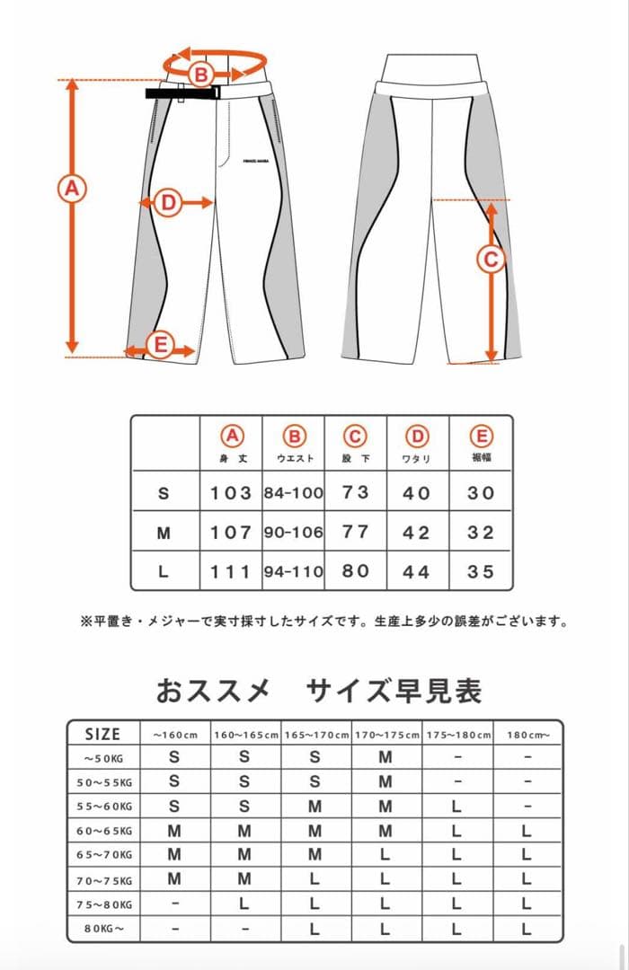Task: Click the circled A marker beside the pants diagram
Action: coord(71,189)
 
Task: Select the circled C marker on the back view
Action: coord(491,260)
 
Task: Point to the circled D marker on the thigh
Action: coord(168,203)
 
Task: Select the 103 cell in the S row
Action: coord(231,493)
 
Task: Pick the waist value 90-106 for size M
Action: coord(294,532)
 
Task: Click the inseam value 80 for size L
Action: coord(356,571)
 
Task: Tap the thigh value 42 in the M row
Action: coord(417,532)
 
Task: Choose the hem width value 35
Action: coord(481,571)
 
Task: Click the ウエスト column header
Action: coord(294,458)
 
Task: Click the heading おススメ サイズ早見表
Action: coord(319,691)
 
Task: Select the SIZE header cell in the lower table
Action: coord(102,734)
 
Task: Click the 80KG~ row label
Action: coord(102,930)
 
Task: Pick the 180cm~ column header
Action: coord(527,735)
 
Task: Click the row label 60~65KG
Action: coord(102,831)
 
